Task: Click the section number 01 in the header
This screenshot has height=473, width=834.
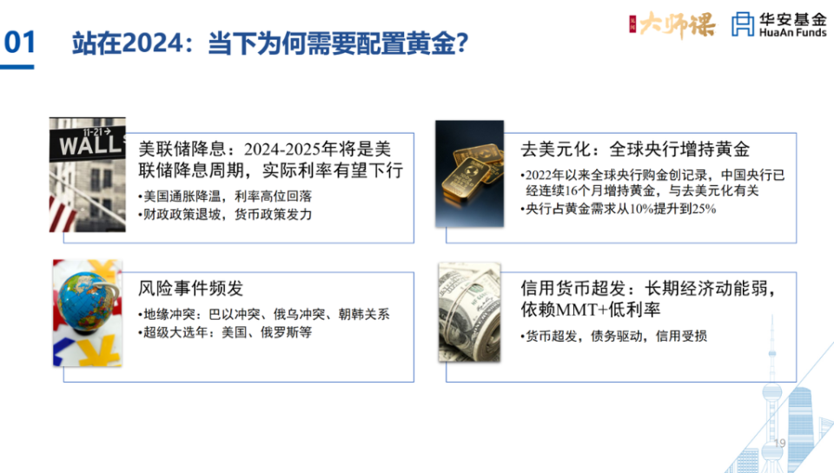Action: (x=20, y=43)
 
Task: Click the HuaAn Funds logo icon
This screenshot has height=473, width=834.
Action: (x=743, y=23)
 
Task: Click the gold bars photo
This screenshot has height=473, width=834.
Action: (x=469, y=174)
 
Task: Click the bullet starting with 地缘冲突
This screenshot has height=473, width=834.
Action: (x=263, y=315)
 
